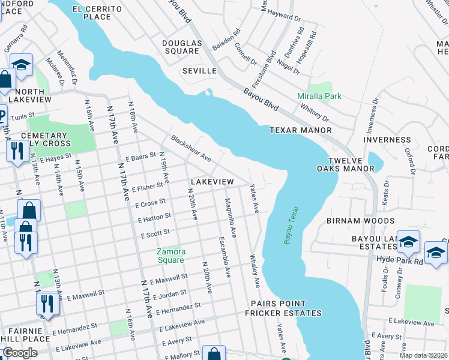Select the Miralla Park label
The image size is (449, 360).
(319, 96)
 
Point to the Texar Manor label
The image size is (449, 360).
(301, 130)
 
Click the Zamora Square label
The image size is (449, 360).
(170, 256)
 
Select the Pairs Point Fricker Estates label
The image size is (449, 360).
(286, 309)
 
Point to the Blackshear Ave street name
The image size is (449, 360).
(190, 148)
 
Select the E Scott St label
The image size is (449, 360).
(155, 233)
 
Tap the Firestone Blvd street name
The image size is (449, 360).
(271, 59)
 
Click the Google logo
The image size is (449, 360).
(20, 353)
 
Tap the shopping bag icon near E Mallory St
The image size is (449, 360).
(213, 354)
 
